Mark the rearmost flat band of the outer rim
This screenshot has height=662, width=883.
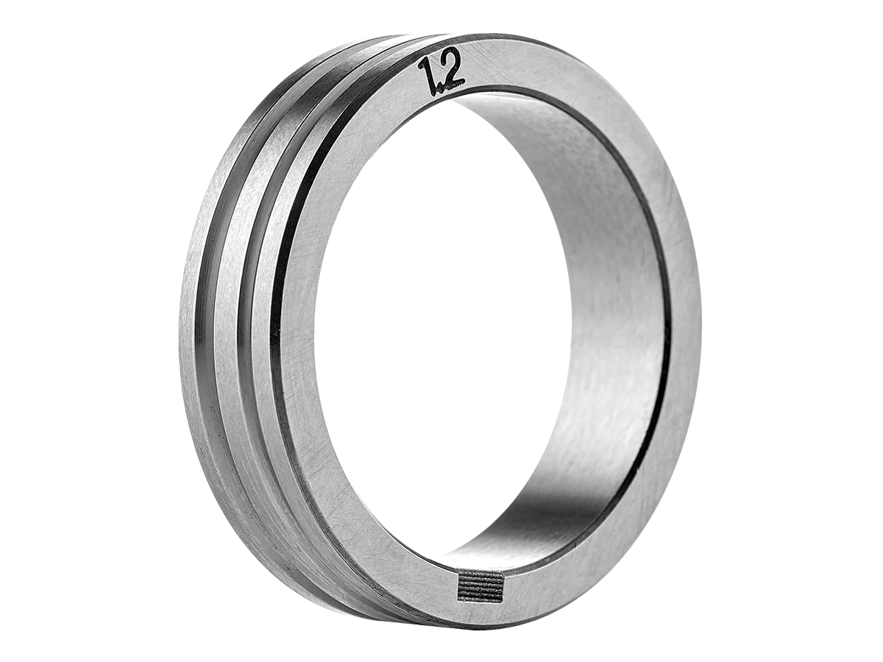click(x=189, y=321)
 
